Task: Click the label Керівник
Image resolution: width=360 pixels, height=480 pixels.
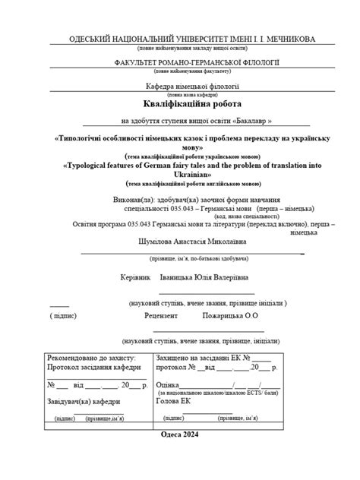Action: (136, 278)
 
